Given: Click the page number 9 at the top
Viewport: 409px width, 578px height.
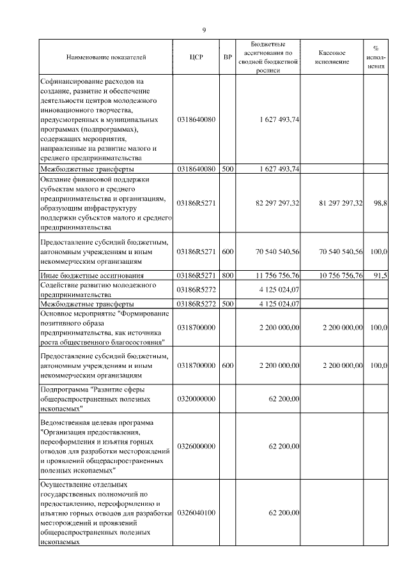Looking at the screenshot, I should coord(204,29).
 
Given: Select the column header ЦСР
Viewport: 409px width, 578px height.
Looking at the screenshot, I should coord(197,57).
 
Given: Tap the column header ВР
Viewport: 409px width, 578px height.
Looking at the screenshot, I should coord(228,57).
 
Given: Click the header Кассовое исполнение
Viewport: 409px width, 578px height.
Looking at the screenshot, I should coord(332,57).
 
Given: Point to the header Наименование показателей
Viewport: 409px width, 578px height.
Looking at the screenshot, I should coord(106,57).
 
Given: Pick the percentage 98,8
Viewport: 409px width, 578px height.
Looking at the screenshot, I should coord(380,202).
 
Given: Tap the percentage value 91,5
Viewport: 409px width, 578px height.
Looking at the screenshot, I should coord(380,275).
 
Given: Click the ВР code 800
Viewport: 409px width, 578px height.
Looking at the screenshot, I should coord(228,275).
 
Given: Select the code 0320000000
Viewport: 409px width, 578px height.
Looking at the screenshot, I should coord(196,399).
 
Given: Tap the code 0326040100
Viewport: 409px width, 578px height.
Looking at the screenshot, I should coord(196,513).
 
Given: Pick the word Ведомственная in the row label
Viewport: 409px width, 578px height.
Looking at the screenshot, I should coord(68,423).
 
